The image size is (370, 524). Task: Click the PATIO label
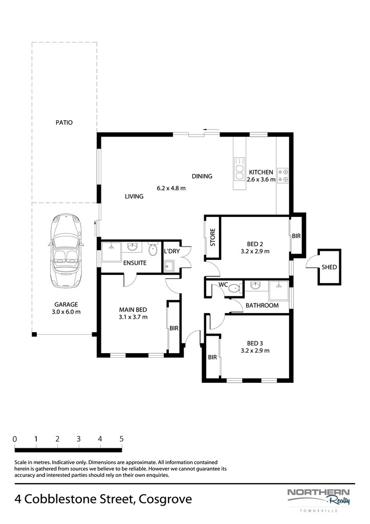click(x=64, y=123)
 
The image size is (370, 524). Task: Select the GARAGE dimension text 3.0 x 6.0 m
click(x=66, y=312)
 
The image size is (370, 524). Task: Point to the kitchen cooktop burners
click(x=283, y=176)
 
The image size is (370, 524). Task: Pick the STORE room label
click(x=212, y=237)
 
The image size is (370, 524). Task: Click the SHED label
click(x=329, y=267)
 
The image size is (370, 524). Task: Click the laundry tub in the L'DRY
click(x=168, y=266)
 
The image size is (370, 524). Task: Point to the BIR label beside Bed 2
click(x=296, y=236)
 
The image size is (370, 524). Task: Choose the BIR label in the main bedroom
click(x=174, y=328)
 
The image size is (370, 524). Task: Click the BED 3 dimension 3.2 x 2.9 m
click(x=255, y=351)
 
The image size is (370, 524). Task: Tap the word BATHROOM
click(x=262, y=305)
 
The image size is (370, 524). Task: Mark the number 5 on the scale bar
click(x=121, y=439)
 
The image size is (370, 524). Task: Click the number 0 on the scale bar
click(x=15, y=439)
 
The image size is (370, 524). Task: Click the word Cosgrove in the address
click(x=165, y=499)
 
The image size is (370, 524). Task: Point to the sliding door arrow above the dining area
click(x=211, y=129)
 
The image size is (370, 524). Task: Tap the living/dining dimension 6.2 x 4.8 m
click(x=171, y=188)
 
